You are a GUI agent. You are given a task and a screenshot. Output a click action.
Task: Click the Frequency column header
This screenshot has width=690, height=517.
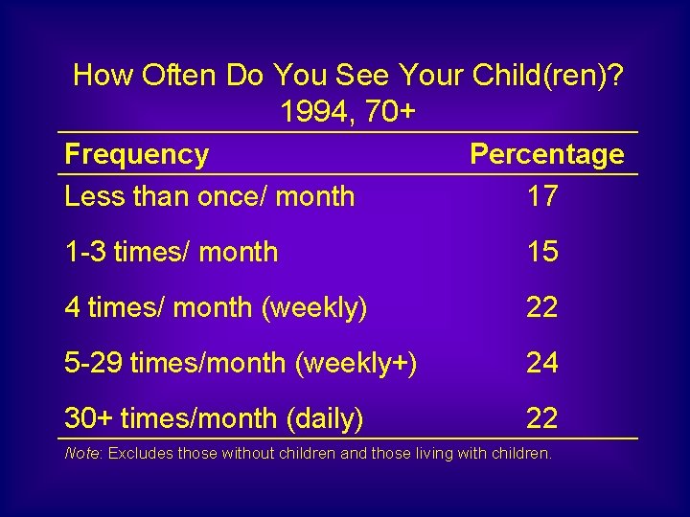point(136,155)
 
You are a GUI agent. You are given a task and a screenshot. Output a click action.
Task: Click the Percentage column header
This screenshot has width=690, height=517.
point(546,155)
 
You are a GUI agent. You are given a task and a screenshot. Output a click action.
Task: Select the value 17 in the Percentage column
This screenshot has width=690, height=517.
point(542,196)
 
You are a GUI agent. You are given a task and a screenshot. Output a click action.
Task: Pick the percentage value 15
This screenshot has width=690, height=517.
point(542,252)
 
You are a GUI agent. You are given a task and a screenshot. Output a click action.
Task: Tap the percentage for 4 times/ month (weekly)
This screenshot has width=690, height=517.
point(542,307)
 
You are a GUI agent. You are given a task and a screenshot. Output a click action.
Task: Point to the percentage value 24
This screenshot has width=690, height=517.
point(542,363)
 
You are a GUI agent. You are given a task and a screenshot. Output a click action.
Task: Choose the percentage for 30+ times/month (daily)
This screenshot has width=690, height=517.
point(542,418)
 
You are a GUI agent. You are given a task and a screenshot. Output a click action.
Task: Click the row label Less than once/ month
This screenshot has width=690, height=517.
point(209,196)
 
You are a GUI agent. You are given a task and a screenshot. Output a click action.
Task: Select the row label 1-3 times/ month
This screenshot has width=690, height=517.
point(171,252)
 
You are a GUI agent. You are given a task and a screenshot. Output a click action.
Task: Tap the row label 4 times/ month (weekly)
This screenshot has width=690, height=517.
point(216,307)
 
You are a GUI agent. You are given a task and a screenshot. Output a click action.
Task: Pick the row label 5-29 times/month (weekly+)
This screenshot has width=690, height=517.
point(240,363)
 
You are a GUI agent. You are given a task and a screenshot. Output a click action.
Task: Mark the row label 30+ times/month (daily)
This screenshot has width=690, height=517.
point(214,418)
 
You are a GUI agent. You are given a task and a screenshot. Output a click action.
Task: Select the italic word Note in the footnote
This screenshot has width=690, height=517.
point(81,453)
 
